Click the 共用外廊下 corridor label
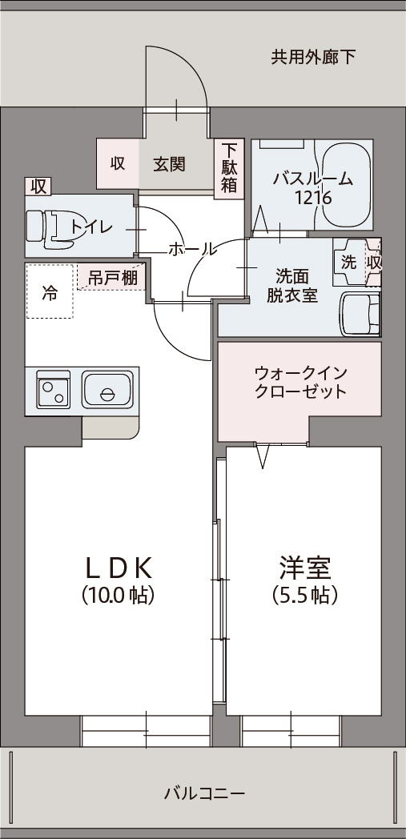pos(313,57)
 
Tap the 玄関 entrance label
pos(169,164)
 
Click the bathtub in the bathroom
pos(346,185)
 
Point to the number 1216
pos(313,198)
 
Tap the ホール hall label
pos(192,249)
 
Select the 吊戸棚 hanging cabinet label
pos(112,278)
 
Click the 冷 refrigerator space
pos(50,291)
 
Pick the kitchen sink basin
pos(107,390)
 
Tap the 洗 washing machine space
pos(349,263)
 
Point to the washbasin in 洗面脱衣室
pos(360,314)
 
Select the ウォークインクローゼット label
pos(301,382)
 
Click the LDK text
pos(120,569)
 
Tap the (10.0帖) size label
pos(119,595)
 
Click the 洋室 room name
pos(305,568)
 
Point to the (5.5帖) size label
pos(305,595)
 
